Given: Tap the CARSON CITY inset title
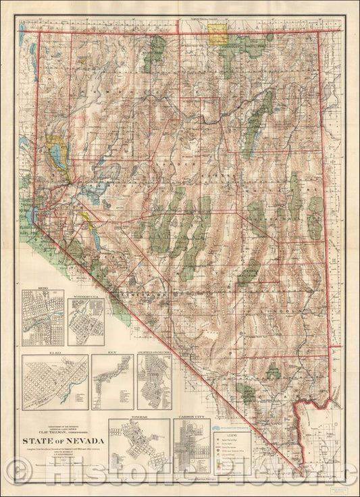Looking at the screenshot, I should tap(190, 417).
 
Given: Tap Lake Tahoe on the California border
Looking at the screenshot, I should tap(32, 215).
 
